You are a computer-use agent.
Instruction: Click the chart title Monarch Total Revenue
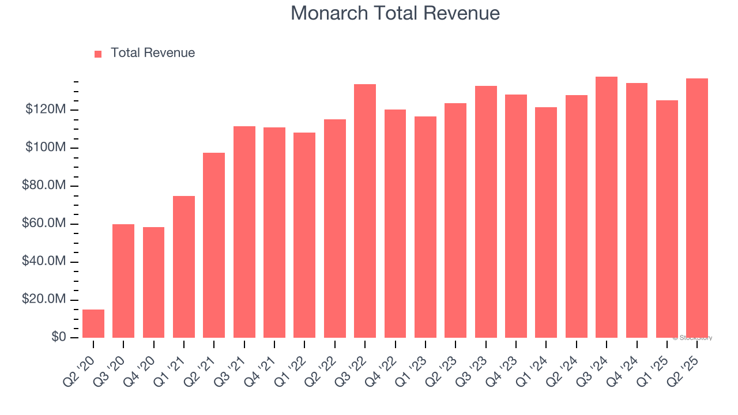(395, 13)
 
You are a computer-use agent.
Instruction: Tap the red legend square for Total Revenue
(98, 54)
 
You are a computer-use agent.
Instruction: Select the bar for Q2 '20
(93, 323)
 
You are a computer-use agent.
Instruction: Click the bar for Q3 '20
(123, 281)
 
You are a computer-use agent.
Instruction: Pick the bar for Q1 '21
(184, 267)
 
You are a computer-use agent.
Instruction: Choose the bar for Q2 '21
(214, 245)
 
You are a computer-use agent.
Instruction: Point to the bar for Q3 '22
(365, 211)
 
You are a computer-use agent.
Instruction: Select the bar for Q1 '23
(426, 227)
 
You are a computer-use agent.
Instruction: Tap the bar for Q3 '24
(607, 207)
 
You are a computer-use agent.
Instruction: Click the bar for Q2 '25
(697, 208)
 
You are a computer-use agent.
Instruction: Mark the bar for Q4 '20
(153, 282)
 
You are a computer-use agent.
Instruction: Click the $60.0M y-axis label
(44, 224)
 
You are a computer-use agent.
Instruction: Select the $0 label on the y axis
(59, 337)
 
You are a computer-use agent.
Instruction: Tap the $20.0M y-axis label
(44, 300)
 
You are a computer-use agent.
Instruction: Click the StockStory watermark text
(692, 338)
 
